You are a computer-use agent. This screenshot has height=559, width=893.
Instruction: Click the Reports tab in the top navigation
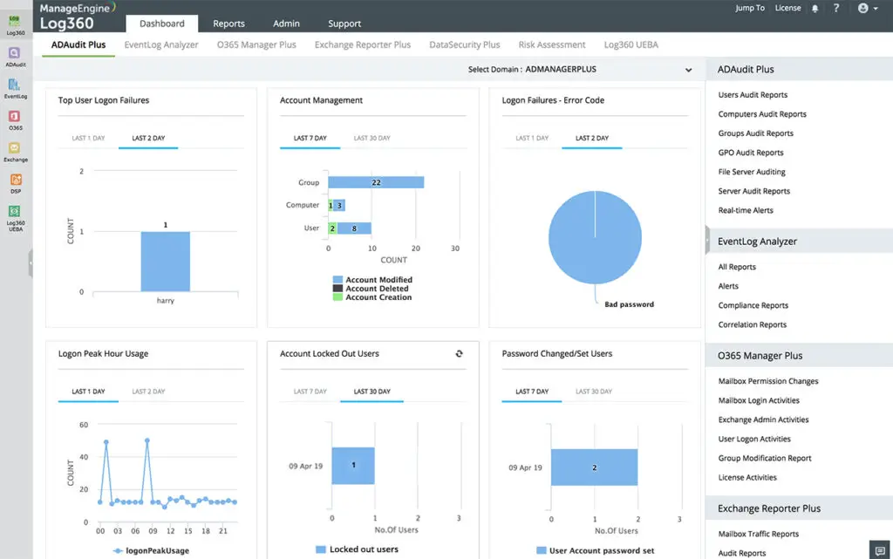(228, 24)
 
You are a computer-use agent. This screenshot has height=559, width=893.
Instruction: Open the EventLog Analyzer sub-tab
(161, 44)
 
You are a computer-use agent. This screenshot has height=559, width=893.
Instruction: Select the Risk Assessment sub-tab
(552, 44)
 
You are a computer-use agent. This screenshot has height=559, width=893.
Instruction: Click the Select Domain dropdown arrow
(688, 70)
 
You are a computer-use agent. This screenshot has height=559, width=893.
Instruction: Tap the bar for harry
(166, 261)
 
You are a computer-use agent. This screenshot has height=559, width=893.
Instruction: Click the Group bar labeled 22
(375, 182)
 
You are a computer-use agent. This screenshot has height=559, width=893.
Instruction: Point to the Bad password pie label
(629, 304)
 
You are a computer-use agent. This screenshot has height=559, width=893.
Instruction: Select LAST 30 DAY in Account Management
(372, 138)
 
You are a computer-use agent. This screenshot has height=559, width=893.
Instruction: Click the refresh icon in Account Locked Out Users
(460, 353)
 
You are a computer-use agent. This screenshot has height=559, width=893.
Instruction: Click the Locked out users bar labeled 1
(353, 466)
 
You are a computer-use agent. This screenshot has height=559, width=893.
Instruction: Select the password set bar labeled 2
(594, 467)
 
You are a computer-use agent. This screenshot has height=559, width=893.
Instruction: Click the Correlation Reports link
(752, 324)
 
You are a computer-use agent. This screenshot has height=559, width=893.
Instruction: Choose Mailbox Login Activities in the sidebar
(759, 400)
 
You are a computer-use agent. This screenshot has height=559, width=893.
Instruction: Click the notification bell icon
(815, 9)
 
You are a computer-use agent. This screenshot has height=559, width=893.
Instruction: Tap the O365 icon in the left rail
(15, 119)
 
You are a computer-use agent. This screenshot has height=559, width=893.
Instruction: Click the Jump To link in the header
(750, 8)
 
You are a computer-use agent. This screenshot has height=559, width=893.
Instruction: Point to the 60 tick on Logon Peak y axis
(84, 425)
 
